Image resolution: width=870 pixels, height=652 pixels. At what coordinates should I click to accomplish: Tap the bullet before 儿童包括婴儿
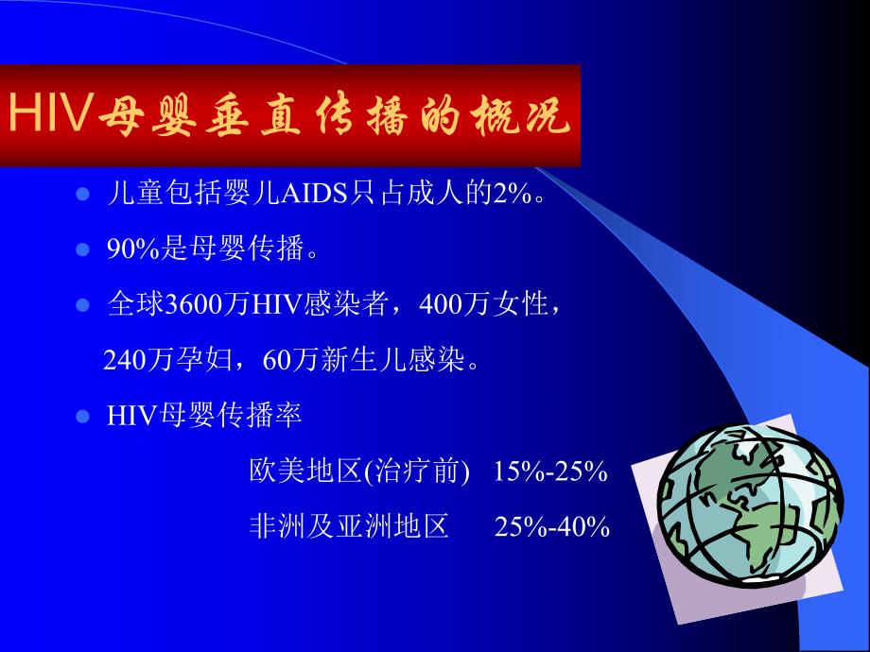pos(82,195)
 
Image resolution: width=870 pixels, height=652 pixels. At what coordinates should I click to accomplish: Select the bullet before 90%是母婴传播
pos(82,250)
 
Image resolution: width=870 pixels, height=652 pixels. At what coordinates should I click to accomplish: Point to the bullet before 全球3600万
pos(82,305)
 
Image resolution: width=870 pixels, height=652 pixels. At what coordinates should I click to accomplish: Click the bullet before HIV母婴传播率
pos(82,416)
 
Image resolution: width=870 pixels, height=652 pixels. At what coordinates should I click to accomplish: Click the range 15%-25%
pos(549,472)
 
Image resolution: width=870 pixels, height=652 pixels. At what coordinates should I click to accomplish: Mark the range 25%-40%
pos(551,526)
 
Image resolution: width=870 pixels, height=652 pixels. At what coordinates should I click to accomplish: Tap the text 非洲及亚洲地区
pos(348,526)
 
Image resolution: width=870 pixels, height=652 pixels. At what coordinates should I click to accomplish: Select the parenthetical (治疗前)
pos(416,472)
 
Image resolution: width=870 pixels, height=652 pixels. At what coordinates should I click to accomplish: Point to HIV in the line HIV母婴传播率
pos(130,416)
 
